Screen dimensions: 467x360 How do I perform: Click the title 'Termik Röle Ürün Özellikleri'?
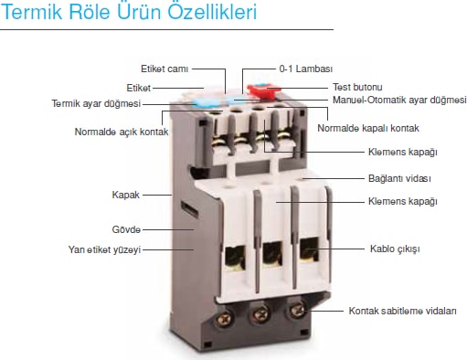tap(129, 12)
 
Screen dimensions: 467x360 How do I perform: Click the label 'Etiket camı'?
tap(165, 69)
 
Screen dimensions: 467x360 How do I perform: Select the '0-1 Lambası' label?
tap(306, 69)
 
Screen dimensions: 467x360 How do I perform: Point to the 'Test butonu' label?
tap(357, 87)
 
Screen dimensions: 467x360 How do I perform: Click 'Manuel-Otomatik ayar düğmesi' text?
tap(399, 100)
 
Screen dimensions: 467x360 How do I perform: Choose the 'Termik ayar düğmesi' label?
tap(96, 103)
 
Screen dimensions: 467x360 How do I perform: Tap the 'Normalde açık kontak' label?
tap(122, 132)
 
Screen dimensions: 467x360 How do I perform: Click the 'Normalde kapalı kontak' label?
tap(368, 128)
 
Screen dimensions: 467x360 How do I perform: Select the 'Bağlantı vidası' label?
tap(399, 178)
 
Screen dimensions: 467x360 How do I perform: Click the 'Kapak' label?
tap(125, 195)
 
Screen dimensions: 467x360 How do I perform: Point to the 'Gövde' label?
tap(126, 229)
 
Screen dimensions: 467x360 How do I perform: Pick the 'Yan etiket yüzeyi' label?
tap(104, 249)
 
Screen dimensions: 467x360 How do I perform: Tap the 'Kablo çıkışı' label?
tap(395, 249)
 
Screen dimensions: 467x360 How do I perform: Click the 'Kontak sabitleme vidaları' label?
tap(402, 311)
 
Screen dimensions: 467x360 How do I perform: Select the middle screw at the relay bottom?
tap(260, 313)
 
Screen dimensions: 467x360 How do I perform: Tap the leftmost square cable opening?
tap(236, 259)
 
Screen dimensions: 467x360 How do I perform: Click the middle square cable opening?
tap(273, 254)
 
